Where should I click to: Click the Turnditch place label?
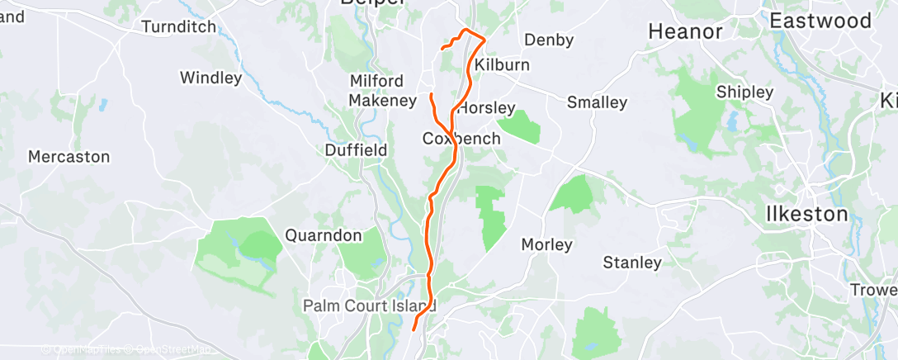pos(178,26)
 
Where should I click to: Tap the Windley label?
pos(210,78)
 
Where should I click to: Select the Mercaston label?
pos(69,156)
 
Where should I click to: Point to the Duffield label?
pos(356,150)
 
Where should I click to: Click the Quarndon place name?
pos(324,235)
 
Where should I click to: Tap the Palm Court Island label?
pos(369,306)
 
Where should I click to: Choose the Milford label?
pos(376,81)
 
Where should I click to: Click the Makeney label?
pos(382,100)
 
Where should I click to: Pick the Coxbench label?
pos(461,139)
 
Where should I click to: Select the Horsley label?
pos(486,108)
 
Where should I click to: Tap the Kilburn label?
pos(502,64)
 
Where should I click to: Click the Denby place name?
pos(549,39)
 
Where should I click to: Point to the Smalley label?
pos(597,102)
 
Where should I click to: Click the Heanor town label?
pos(686,31)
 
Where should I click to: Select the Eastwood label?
pos(820,21)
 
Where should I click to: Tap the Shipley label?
pos(744,91)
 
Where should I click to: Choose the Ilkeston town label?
pos(806,214)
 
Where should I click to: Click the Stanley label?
pos(632,263)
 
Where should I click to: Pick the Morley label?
pos(546,244)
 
